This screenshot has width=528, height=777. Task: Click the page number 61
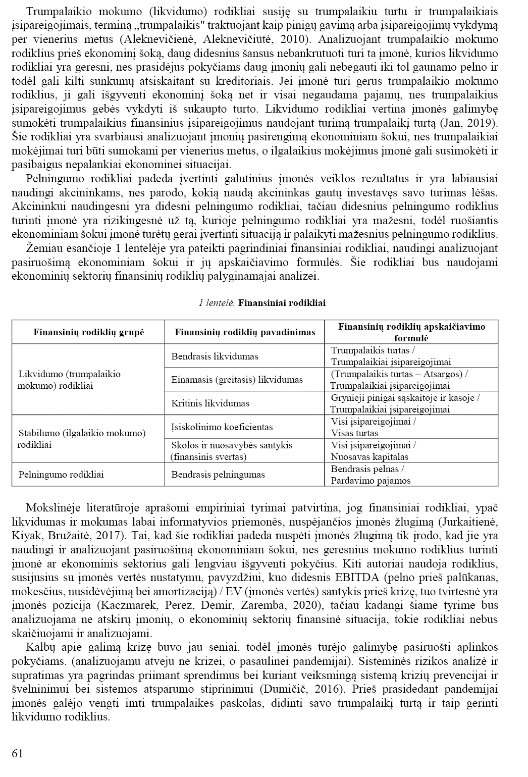click(17, 753)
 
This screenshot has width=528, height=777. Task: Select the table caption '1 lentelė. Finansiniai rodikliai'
click(262, 303)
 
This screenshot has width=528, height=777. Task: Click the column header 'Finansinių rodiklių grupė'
click(88, 332)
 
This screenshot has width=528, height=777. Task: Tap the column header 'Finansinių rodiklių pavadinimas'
click(245, 332)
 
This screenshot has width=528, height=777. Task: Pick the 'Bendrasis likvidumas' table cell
click(215, 356)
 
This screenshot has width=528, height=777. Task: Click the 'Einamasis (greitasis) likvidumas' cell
click(237, 380)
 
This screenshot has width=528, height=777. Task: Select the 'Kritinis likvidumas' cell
click(210, 403)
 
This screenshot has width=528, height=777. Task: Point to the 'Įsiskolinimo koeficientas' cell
click(222, 427)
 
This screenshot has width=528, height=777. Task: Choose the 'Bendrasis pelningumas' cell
click(218, 475)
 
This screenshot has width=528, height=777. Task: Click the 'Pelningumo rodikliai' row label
click(61, 475)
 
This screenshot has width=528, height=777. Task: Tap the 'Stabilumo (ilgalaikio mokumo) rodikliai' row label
click(82, 439)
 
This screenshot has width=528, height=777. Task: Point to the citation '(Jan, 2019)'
click(474, 123)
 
